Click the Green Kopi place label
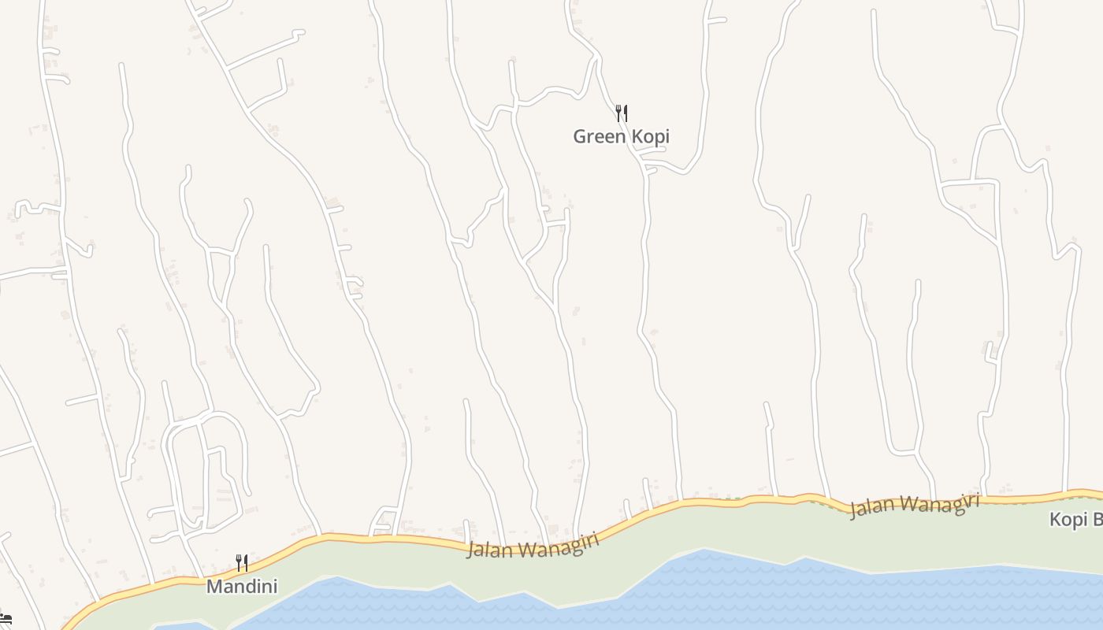pos(621,136)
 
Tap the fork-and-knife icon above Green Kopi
pos(622,113)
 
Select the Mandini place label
pos(241,586)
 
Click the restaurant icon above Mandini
pos(242,563)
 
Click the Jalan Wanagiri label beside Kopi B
pos(914,505)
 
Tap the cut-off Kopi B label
pos(1076,520)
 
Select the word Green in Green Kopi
pos(600,136)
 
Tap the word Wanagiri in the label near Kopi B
pos(939,502)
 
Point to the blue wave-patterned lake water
pos(748,591)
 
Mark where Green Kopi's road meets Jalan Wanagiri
pos(680,500)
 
